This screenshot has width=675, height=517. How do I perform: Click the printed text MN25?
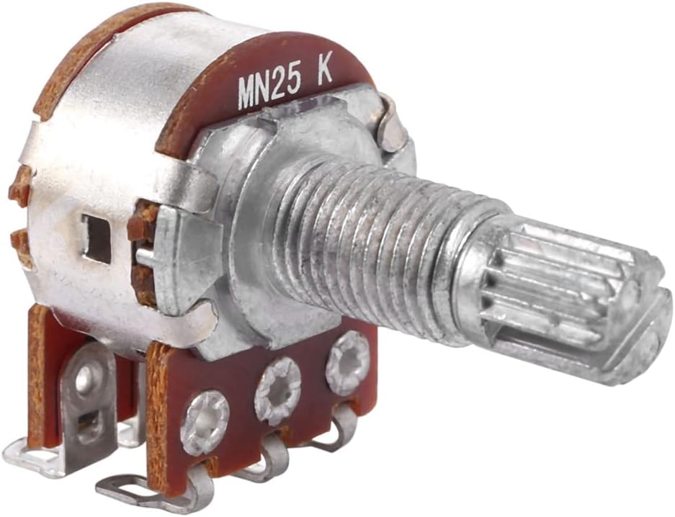[x=269, y=89]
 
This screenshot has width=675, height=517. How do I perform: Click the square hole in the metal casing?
[x=98, y=239]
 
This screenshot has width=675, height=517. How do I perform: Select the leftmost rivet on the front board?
[x=205, y=423]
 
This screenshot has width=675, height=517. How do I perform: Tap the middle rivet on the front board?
[x=277, y=390]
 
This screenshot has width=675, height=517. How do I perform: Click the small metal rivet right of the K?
[x=393, y=127]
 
